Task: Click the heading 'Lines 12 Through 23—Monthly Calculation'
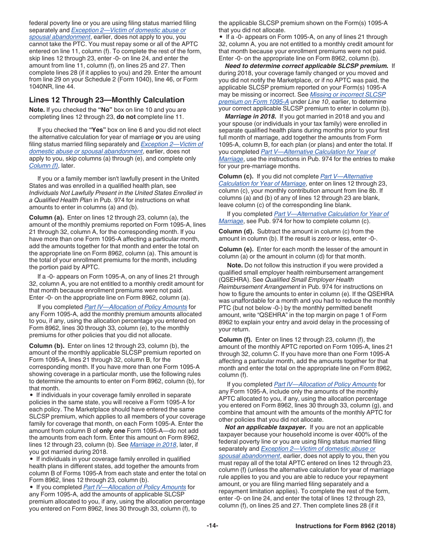106,100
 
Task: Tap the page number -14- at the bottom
212,526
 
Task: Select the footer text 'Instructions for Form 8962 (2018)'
345,526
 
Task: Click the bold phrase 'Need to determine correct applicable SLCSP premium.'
306,65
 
